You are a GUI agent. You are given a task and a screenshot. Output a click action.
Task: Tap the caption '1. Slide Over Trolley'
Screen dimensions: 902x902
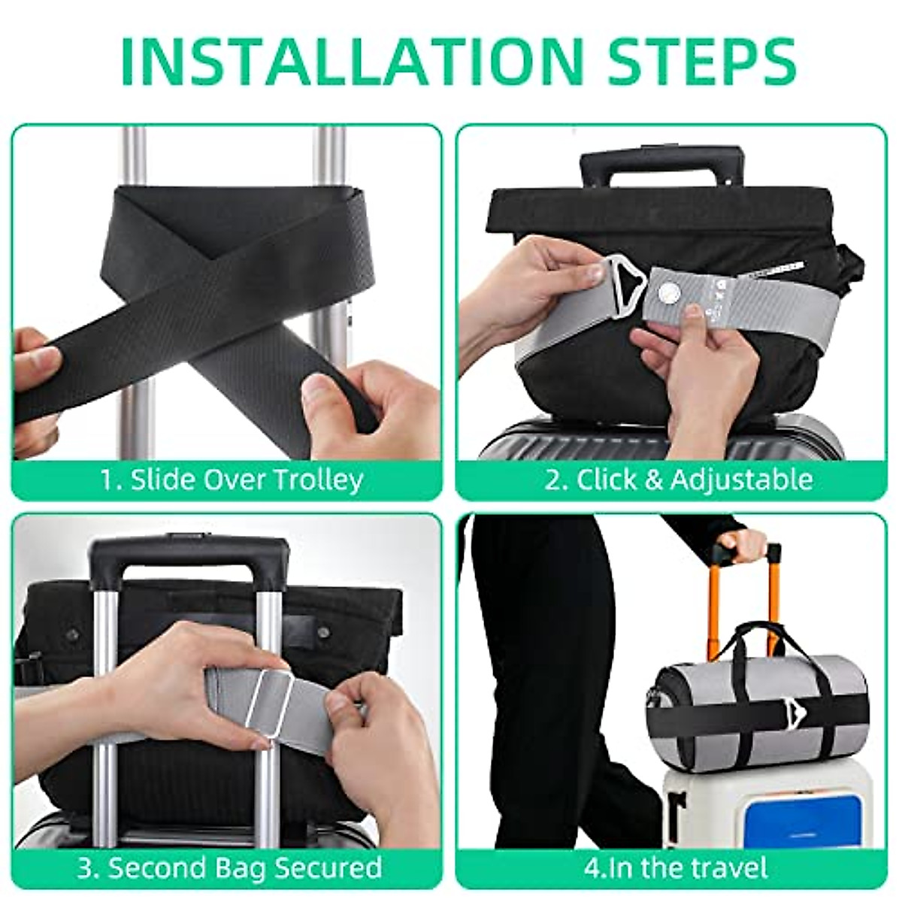tap(232, 479)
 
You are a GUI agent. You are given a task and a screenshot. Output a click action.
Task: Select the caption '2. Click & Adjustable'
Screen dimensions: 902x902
tap(678, 479)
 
